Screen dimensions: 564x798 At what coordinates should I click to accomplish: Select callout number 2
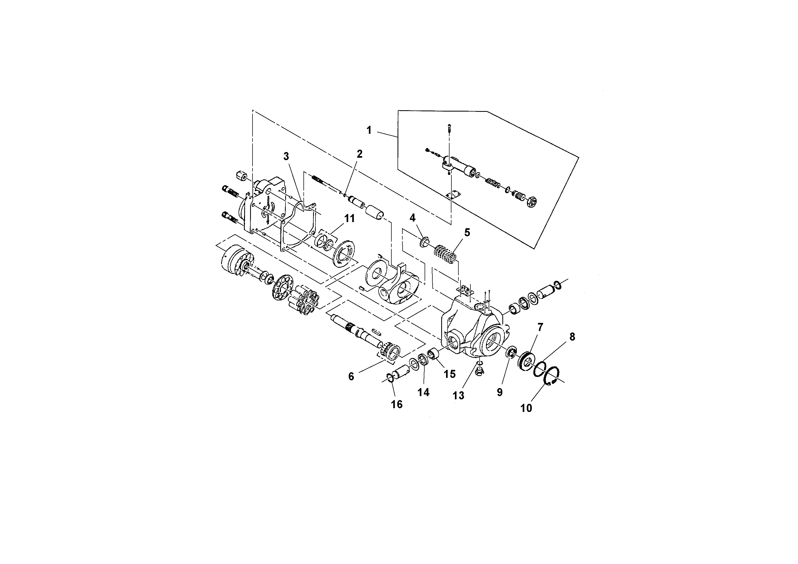click(359, 154)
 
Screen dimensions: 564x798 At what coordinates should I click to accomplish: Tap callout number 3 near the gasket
click(286, 156)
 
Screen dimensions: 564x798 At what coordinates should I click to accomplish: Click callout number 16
click(396, 404)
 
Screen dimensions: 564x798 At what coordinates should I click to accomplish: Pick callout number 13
click(458, 395)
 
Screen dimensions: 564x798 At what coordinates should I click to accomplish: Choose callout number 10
click(526, 408)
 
